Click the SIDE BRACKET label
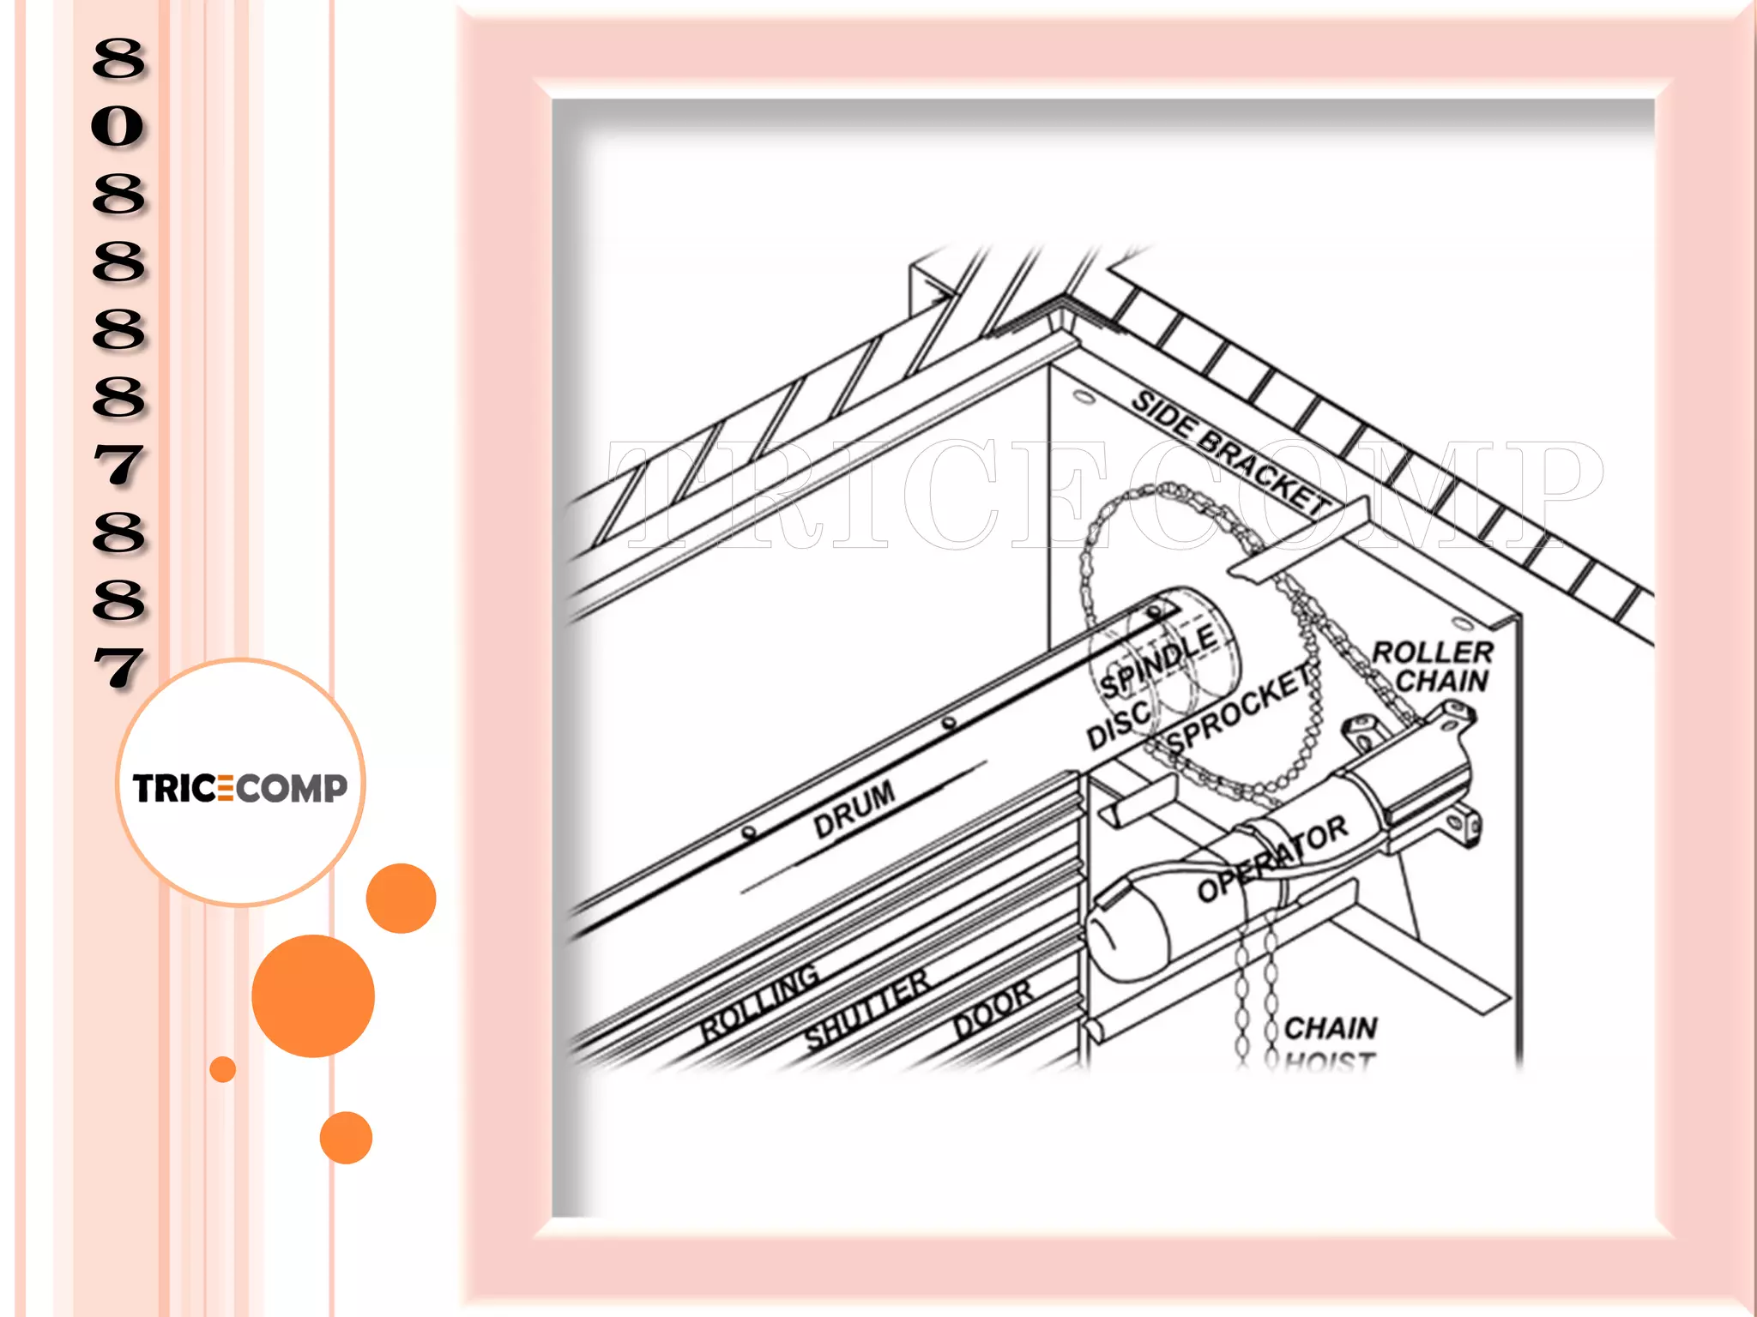(1230, 452)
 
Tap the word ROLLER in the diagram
(1432, 652)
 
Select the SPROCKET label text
(1241, 710)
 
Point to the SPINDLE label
(1158, 660)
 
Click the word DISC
(1117, 725)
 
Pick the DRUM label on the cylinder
(854, 809)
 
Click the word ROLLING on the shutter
(759, 1001)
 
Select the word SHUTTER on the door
(866, 1010)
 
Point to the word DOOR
(993, 1010)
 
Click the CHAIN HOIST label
(1330, 1042)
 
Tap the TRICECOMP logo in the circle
(240, 787)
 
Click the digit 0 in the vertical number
(118, 126)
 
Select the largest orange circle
(313, 995)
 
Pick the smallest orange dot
(222, 1069)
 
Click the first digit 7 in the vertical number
(118, 466)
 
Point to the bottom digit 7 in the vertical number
(118, 668)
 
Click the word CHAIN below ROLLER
(1441, 682)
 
